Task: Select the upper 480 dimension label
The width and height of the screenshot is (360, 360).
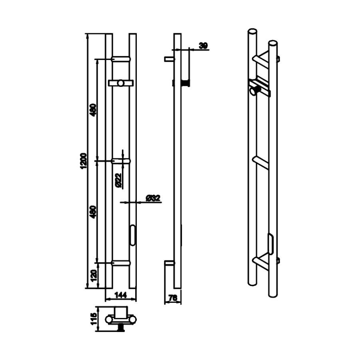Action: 94,110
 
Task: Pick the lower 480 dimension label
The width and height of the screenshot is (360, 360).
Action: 94,212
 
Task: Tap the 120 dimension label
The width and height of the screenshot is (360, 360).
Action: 94,276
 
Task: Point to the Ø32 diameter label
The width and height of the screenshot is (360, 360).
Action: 153,198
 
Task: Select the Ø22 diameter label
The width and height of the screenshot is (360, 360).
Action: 118,180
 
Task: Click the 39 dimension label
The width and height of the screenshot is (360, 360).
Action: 203,46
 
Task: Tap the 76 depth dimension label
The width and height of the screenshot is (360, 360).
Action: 173,298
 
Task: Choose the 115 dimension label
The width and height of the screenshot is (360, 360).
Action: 94,320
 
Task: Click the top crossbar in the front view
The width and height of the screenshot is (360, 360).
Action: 121,59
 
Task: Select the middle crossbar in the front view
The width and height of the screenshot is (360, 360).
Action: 121,161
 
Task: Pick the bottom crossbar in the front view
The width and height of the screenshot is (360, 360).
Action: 121,263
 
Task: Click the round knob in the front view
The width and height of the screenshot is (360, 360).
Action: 121,83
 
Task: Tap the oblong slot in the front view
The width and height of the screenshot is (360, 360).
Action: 132,235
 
